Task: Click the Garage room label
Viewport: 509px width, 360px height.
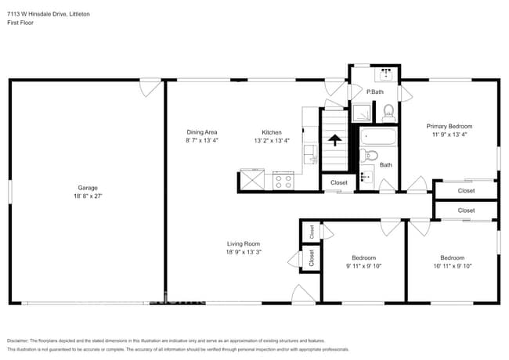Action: [87, 188]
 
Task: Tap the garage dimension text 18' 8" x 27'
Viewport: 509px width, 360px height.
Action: [87, 196]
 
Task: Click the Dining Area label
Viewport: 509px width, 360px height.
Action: [201, 132]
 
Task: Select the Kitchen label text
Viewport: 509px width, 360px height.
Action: [272, 132]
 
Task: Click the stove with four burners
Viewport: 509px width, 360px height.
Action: [283, 182]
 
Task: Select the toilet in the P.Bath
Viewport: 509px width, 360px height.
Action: [388, 113]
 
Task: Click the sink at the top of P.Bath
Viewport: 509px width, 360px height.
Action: [384, 75]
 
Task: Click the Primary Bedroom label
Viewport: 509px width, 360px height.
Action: [449, 126]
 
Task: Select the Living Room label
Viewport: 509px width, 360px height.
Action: [243, 243]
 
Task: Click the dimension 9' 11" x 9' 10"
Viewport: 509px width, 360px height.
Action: [363, 266]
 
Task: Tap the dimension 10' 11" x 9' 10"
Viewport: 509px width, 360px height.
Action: [452, 266]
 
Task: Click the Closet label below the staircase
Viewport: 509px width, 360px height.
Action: [338, 182]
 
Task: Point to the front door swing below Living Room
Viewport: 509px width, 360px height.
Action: [302, 294]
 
